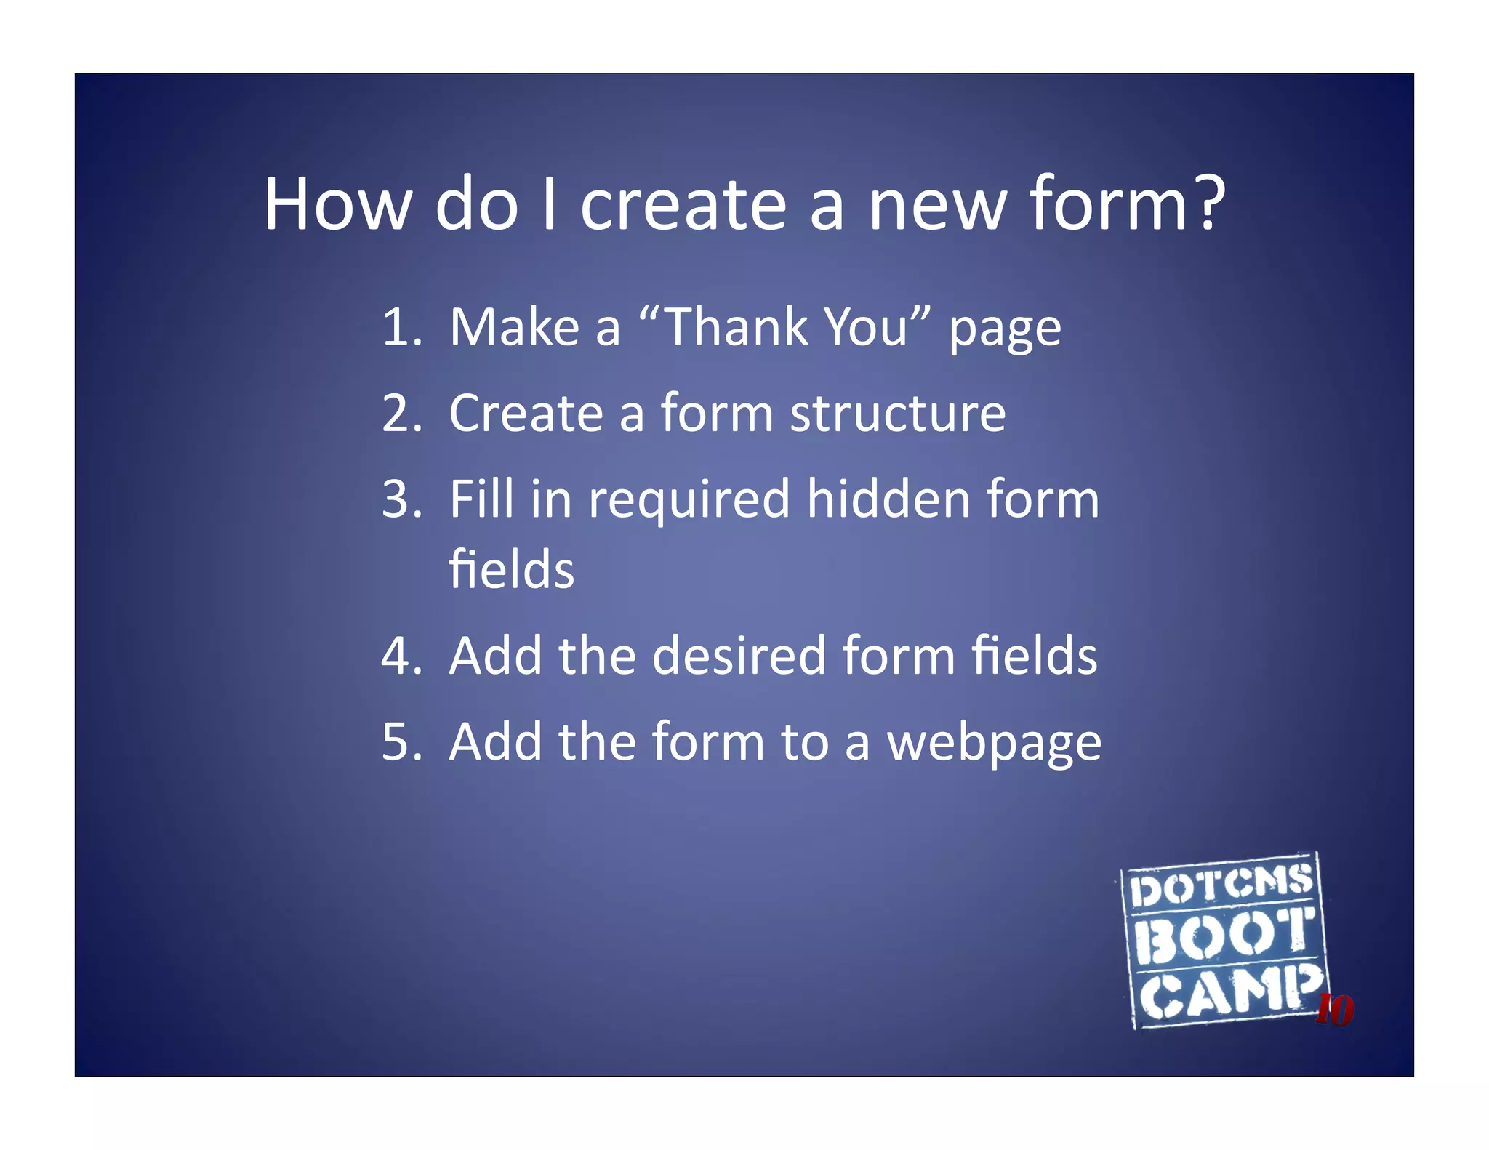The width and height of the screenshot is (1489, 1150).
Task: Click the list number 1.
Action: (400, 327)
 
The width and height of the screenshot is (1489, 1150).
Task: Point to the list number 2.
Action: (400, 413)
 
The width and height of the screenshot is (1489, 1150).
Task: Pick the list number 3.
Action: (400, 499)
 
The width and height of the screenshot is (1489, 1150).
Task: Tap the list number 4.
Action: (400, 656)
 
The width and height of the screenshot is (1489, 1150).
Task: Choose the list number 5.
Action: (400, 741)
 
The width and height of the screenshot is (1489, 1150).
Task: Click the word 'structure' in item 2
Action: (898, 414)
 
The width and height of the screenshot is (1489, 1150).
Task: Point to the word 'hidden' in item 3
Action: (888, 499)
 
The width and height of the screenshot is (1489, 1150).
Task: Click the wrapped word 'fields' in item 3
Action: (511, 569)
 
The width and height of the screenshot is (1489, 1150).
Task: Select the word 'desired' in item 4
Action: (739, 656)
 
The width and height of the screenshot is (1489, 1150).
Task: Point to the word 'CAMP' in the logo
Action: (1229, 992)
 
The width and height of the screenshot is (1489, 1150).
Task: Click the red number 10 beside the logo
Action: (1335, 1010)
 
